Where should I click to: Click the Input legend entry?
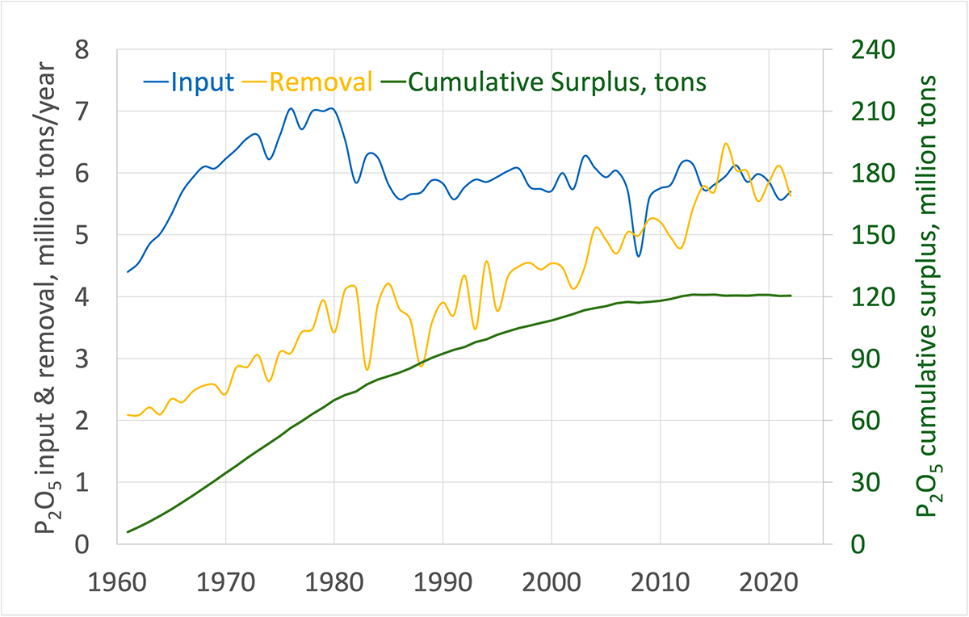pyautogui.click(x=190, y=82)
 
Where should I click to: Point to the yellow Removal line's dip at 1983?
pyautogui.click(x=367, y=369)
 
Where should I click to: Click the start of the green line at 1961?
pyautogui.click(x=128, y=531)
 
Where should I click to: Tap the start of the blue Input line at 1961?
pyautogui.click(x=128, y=271)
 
